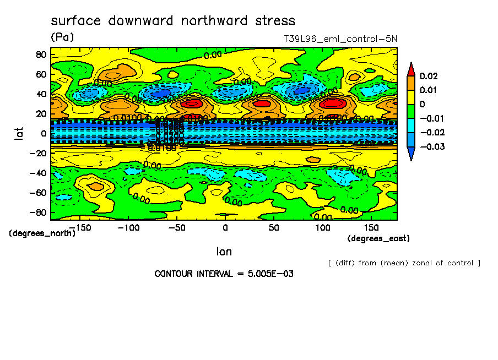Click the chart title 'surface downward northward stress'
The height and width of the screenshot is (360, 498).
173,21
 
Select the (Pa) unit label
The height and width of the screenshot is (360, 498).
62,37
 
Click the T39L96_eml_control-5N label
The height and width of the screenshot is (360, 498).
340,39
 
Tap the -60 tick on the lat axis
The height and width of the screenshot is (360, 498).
39,192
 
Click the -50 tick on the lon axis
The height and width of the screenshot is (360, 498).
176,227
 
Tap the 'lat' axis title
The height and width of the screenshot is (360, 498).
20,132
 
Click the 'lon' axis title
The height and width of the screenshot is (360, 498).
224,252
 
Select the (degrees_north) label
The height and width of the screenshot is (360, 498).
42,233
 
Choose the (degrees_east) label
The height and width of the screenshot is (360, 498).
378,238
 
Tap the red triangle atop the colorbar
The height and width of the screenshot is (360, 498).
410,68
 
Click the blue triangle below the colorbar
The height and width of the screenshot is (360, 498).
410,155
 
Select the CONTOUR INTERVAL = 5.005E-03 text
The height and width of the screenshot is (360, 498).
224,274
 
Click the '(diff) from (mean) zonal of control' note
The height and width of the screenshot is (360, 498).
404,263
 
